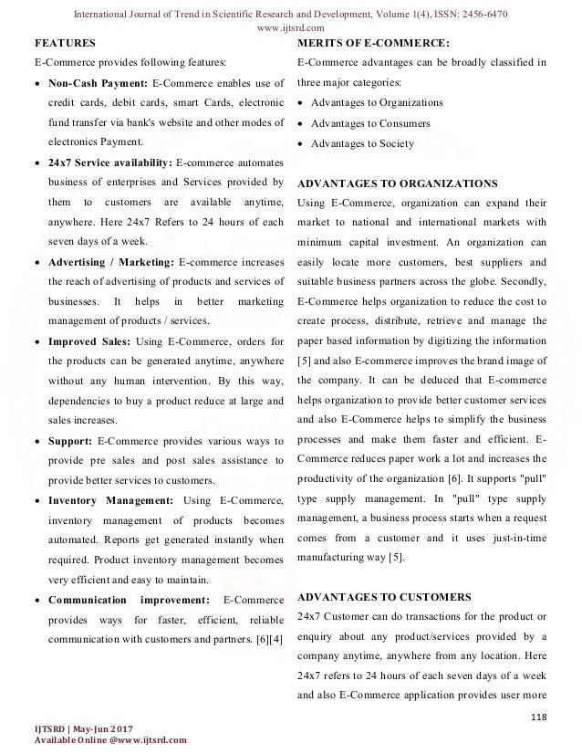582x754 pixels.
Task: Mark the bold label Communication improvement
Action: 128,599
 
